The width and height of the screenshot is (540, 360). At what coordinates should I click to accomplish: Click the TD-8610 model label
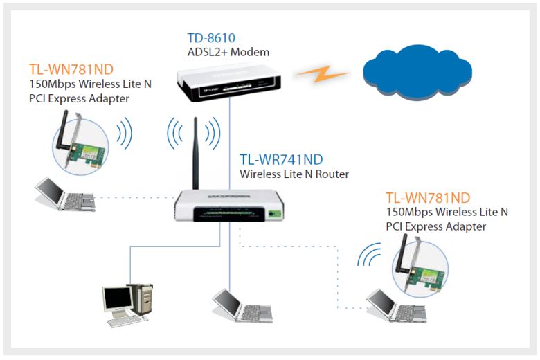coord(211,38)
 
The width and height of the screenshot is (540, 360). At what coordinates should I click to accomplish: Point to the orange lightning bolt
coord(322,73)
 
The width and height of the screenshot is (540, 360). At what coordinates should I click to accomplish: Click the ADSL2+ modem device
coord(228,83)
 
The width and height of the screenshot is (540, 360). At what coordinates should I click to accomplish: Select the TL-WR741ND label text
coord(281,159)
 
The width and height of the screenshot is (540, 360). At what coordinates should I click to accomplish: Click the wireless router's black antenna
coord(195,153)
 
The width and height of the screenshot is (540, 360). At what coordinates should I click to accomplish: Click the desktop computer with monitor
coord(127,305)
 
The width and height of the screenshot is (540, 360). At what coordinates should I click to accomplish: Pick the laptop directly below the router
coord(242,306)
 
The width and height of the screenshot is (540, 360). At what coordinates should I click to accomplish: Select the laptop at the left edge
coord(65,194)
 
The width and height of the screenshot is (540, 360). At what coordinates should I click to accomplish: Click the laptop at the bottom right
coord(396,306)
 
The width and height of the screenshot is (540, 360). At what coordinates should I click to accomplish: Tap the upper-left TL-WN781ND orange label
coord(71,70)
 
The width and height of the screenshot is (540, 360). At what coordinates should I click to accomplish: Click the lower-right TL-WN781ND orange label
coord(428,198)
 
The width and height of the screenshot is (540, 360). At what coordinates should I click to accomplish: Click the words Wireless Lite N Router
coord(294,174)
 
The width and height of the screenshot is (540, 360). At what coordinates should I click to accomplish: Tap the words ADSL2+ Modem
coord(228,52)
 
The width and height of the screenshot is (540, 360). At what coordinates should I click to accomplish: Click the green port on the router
coord(275,214)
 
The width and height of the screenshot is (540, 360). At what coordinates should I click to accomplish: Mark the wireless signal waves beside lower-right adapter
coord(369,255)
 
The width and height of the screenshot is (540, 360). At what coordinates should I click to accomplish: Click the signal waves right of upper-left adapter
coord(125,134)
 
